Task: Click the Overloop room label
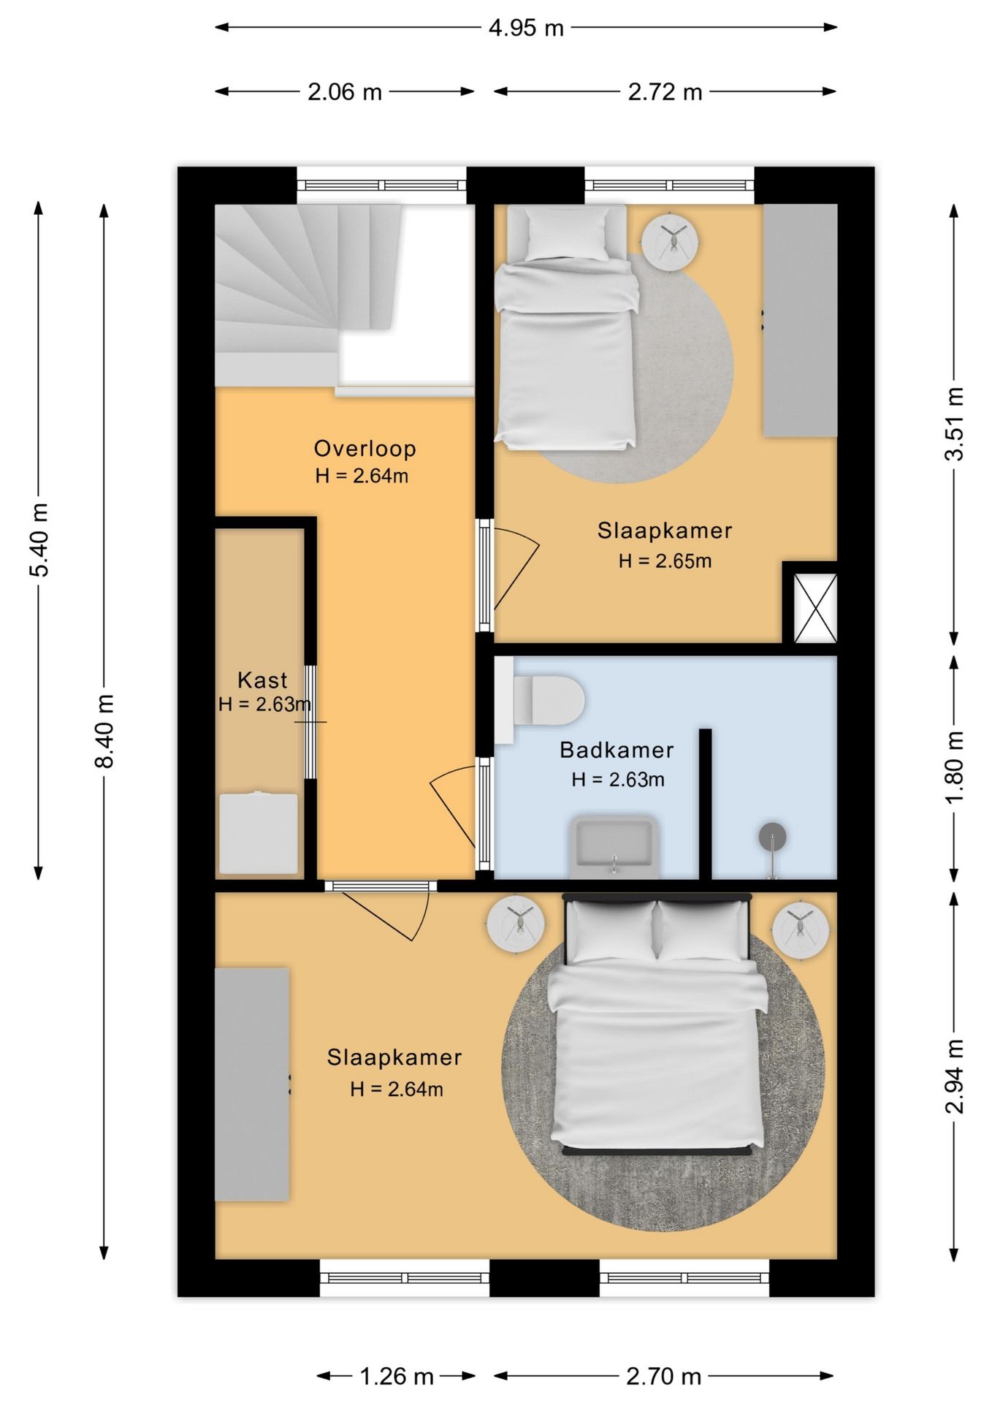[x=365, y=448]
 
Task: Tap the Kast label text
[x=262, y=680]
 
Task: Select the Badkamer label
[x=617, y=750]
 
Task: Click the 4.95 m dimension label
[x=526, y=28]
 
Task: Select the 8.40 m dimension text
[x=104, y=731]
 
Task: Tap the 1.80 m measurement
[x=955, y=767]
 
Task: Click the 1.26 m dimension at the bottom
[x=397, y=1377]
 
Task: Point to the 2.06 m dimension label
[x=345, y=92]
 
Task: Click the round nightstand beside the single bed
[x=670, y=240]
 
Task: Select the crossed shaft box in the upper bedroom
[x=815, y=609]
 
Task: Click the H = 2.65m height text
[x=665, y=561]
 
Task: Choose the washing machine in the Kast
[x=259, y=832]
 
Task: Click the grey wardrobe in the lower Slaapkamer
[x=252, y=1084]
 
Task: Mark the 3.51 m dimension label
[x=955, y=424]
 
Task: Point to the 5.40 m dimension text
[x=39, y=539]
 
